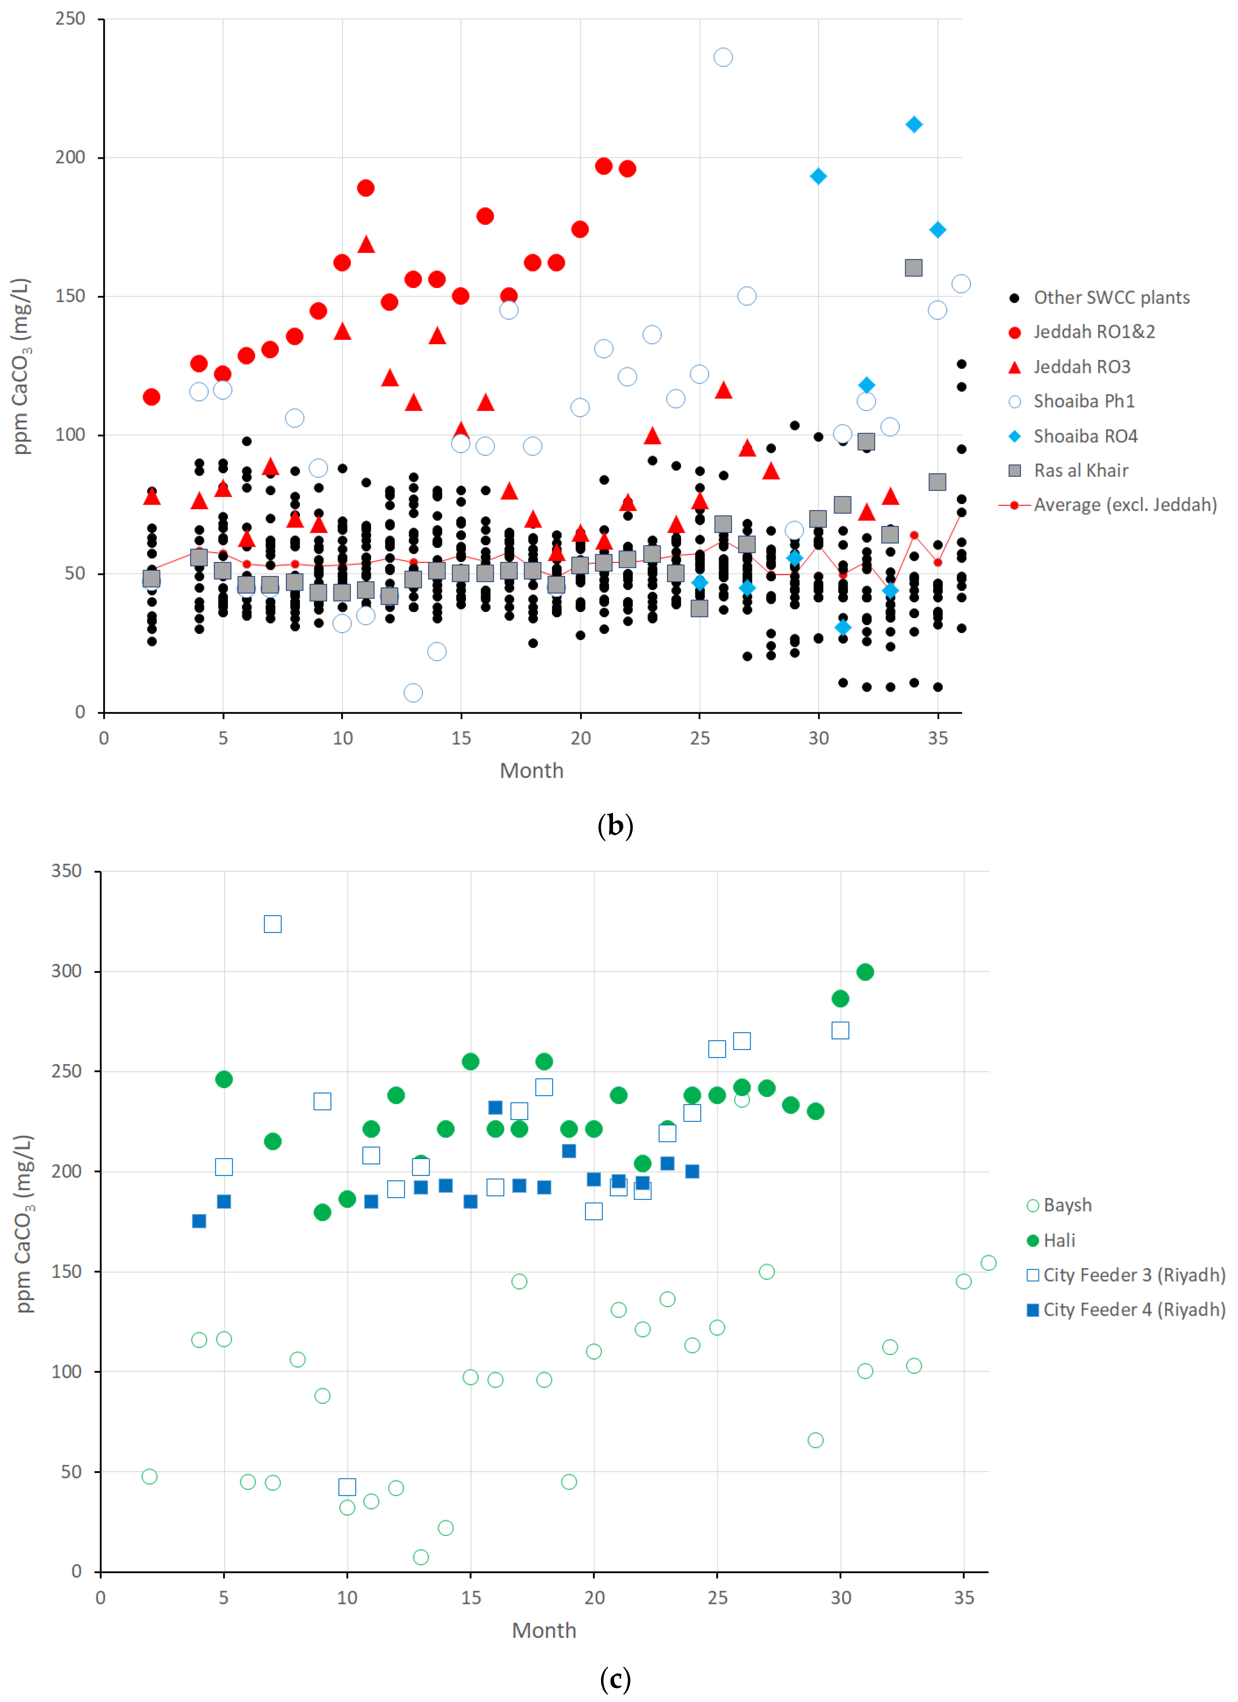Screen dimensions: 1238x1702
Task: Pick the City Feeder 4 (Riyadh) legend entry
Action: coord(1125,1310)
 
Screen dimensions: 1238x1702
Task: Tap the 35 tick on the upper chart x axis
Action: coord(937,738)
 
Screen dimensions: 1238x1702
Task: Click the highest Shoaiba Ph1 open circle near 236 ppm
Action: coord(722,57)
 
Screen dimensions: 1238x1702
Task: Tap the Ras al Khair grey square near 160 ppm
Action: coord(913,268)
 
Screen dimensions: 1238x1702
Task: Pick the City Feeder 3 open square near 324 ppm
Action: coord(272,924)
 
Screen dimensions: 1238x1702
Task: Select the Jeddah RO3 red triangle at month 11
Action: coord(365,244)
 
